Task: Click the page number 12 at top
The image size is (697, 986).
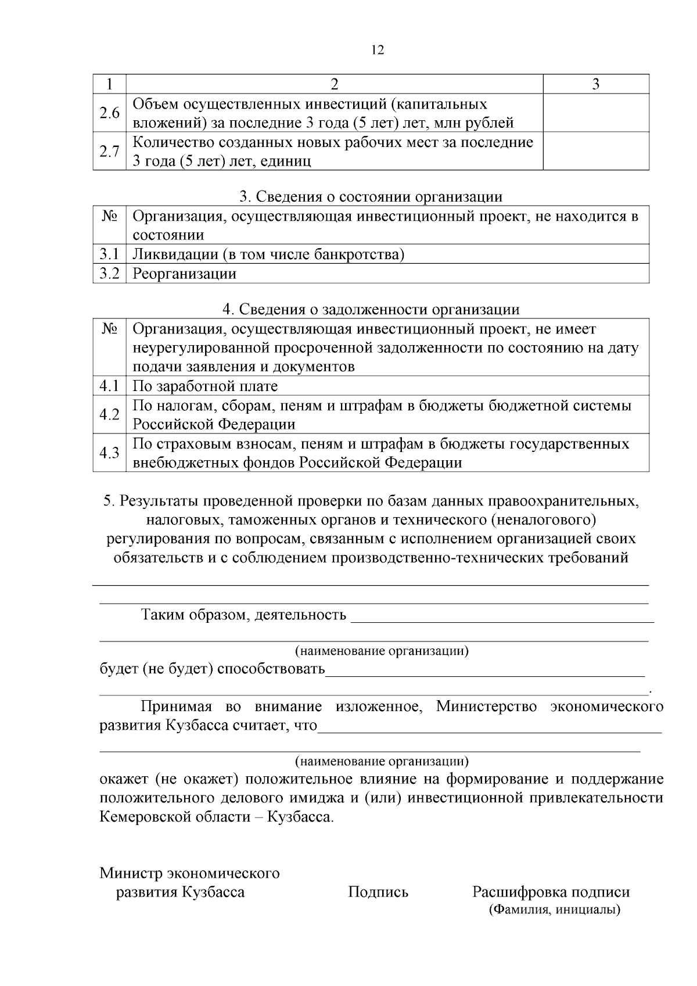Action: [377, 51]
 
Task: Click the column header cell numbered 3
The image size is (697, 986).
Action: [595, 84]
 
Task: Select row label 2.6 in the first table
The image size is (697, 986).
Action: [109, 113]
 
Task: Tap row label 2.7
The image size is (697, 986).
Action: [109, 152]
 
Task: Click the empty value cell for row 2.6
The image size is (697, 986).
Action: [595, 113]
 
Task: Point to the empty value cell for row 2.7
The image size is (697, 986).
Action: [595, 152]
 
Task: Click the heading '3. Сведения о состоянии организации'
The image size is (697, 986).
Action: [371, 196]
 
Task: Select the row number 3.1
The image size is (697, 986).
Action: [109, 254]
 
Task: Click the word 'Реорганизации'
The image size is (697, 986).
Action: [185, 274]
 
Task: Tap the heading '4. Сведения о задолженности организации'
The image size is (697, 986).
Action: [371, 309]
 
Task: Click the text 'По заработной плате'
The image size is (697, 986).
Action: [205, 386]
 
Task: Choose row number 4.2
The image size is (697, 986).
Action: [109, 415]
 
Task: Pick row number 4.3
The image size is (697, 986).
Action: [109, 453]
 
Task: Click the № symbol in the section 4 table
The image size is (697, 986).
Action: [109, 329]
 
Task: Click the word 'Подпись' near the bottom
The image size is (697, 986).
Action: [378, 892]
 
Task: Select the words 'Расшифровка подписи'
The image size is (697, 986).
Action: [551, 892]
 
